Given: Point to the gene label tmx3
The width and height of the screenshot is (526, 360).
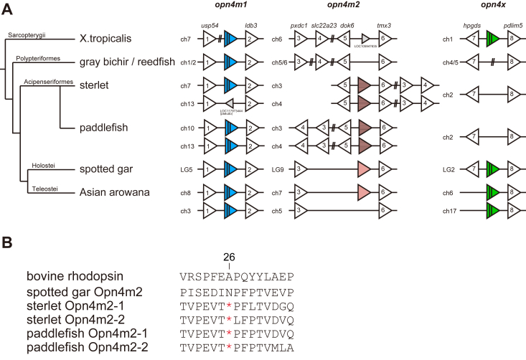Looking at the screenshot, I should [385, 24].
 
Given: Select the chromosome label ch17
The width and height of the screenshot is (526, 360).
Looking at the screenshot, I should [448, 212].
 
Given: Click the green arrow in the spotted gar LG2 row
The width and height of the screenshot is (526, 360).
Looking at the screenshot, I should [492, 170].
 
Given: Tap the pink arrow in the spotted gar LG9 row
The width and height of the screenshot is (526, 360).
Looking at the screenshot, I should [365, 170].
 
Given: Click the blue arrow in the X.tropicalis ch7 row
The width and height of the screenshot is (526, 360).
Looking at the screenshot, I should [230, 39].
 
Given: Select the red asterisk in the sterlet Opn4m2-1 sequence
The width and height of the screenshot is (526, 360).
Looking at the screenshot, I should [229, 303].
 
